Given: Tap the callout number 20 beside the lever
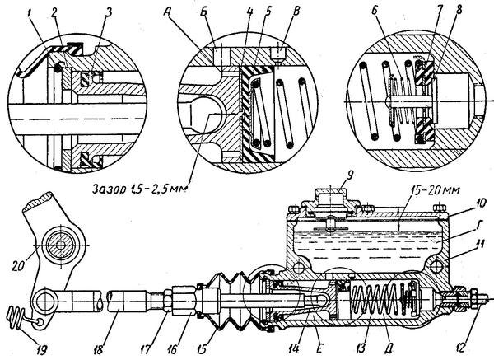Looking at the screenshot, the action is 18,265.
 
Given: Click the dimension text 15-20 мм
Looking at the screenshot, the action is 436,191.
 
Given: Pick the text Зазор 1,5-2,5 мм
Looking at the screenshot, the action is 140,189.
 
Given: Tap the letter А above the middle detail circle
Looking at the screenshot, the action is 168,13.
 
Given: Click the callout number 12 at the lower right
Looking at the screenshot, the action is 460,348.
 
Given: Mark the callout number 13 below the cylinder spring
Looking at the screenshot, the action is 361,348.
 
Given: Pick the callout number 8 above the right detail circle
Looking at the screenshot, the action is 459,11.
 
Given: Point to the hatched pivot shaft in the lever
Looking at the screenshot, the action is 60,245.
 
